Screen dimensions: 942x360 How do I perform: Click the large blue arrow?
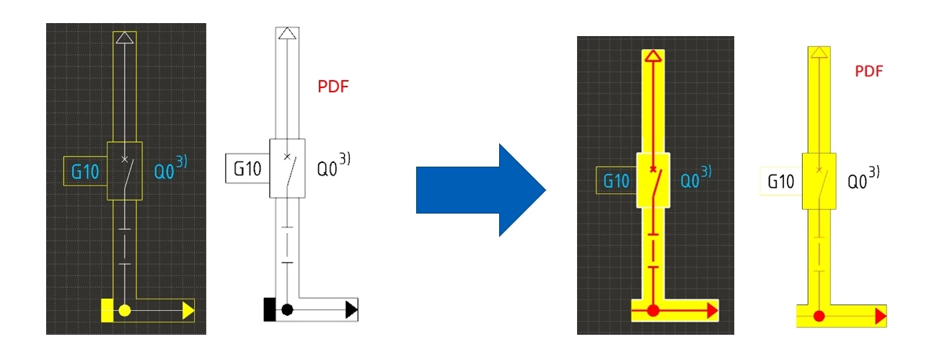click(x=480, y=190)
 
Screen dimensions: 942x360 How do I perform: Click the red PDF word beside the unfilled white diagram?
click(x=333, y=87)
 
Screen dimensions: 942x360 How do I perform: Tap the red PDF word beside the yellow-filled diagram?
click(x=869, y=71)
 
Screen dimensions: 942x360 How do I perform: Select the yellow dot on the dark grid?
click(x=125, y=311)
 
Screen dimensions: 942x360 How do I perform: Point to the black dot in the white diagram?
click(x=287, y=310)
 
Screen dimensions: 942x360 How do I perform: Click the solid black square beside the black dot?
click(x=270, y=309)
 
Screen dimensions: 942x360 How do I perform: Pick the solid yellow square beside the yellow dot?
click(x=107, y=311)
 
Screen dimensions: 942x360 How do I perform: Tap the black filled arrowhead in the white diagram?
click(x=351, y=310)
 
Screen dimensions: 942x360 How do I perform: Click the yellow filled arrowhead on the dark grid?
click(x=188, y=311)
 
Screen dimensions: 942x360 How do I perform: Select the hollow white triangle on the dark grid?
click(x=125, y=38)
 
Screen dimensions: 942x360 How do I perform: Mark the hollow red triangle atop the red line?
click(x=653, y=56)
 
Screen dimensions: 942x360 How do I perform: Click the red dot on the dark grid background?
click(x=653, y=311)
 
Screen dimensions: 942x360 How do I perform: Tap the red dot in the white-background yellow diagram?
click(x=819, y=316)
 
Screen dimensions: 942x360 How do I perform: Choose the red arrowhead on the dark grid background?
click(x=713, y=311)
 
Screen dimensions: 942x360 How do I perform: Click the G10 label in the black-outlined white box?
click(x=247, y=169)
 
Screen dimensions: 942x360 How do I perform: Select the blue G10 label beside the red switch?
click(x=616, y=181)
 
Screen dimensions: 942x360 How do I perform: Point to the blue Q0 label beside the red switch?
click(x=690, y=181)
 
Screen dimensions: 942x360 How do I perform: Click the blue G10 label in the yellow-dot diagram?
click(x=85, y=172)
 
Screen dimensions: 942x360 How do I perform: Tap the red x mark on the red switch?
click(x=653, y=169)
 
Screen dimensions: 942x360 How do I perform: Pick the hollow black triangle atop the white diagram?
click(x=287, y=33)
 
